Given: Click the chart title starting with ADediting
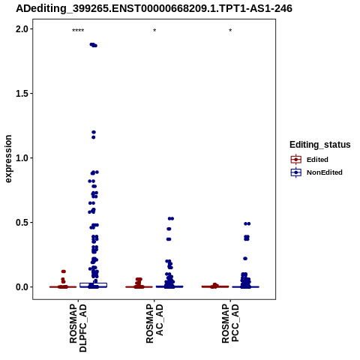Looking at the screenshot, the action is coord(154,8).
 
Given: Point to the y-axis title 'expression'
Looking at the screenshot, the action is coord(8,159).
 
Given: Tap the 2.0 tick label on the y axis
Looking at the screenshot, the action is coord(21,29).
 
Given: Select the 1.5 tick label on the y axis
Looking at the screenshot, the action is coord(21,94).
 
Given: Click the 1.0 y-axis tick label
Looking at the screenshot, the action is coord(21,158).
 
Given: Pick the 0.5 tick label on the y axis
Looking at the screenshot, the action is coord(21,223).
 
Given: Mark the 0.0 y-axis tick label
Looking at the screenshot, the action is coord(21,287).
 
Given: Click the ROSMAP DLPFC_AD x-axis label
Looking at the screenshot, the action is coord(78,328).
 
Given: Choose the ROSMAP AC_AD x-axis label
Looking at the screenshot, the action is coord(154,324).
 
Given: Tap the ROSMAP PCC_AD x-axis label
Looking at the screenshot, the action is coord(230,324).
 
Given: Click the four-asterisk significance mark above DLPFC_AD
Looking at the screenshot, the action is coord(78,31).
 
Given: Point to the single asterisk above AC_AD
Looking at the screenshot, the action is coord(154,31).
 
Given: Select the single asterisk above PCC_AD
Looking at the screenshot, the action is coord(230,31).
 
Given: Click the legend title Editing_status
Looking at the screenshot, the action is coord(320,145).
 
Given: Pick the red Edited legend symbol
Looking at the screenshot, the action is coord(296,159).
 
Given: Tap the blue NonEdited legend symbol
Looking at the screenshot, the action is coord(296,172).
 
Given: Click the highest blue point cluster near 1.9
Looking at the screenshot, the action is coord(94,45).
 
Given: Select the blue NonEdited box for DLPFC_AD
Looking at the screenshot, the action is coord(93,285).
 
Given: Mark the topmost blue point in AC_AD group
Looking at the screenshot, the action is coord(171,218).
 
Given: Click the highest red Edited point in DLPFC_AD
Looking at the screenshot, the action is coord(64,271).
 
